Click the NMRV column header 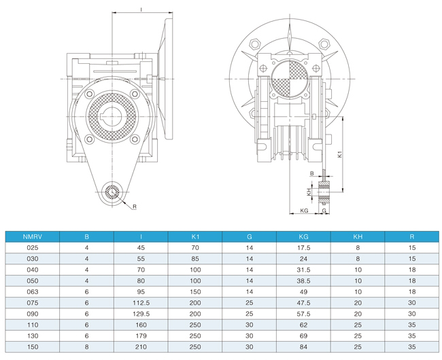(x=33, y=236)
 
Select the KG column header (x=303, y=236)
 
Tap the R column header (x=412, y=236)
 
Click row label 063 (x=33, y=292)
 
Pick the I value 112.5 (x=141, y=303)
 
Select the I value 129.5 (x=141, y=314)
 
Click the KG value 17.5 (x=303, y=248)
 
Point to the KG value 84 (x=303, y=347)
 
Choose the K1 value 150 (x=195, y=292)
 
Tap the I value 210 (x=141, y=347)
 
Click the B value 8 (x=86, y=347)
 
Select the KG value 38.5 (x=303, y=281)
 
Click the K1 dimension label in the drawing (x=340, y=154)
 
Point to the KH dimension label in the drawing (x=309, y=192)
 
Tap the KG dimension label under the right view (x=304, y=211)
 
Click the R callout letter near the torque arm (x=135, y=206)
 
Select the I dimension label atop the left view (x=141, y=10)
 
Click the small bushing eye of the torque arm (x=112, y=192)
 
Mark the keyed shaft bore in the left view (x=112, y=116)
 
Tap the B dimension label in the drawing (x=311, y=173)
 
